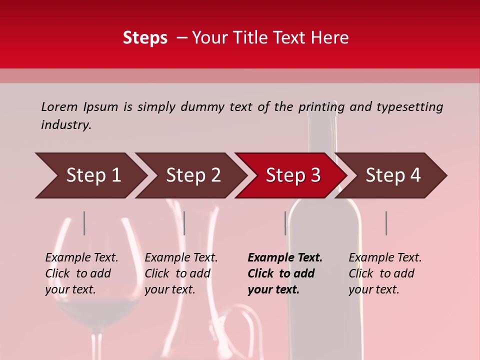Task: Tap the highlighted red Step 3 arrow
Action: pyautogui.click(x=292, y=175)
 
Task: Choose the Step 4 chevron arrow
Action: pyautogui.click(x=392, y=175)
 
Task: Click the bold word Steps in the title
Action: pyautogui.click(x=145, y=38)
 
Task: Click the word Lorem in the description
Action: pyautogui.click(x=59, y=106)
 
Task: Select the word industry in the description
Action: pyautogui.click(x=65, y=124)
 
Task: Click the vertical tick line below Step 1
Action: pyautogui.click(x=84, y=223)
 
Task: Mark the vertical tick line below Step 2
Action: pyautogui.click(x=184, y=223)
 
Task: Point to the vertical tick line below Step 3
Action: pyautogui.click(x=285, y=223)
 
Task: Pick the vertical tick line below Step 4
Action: pyautogui.click(x=386, y=223)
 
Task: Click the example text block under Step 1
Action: pyautogui.click(x=81, y=273)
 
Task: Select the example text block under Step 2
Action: pyautogui.click(x=181, y=273)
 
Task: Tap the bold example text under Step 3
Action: pyautogui.click(x=285, y=273)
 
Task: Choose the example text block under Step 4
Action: pyautogui.click(x=385, y=273)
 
